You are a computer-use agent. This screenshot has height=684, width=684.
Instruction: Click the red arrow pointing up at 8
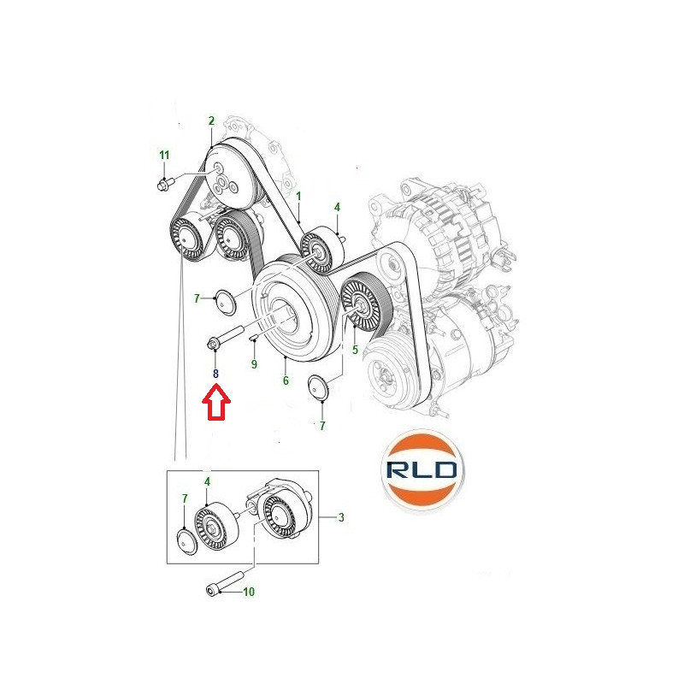216,401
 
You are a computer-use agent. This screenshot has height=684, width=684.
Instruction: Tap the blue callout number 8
215,374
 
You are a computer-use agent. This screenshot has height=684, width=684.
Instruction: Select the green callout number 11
164,155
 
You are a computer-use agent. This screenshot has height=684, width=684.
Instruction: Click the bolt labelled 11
165,184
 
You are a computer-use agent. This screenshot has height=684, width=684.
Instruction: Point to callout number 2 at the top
211,121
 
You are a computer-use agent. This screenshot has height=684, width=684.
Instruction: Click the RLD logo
422,469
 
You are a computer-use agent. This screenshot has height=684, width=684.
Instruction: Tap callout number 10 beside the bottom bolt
249,592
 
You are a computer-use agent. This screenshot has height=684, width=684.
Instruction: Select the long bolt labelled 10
224,583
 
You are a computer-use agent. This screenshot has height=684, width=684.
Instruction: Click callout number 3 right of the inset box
341,517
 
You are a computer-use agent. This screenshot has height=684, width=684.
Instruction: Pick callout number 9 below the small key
254,364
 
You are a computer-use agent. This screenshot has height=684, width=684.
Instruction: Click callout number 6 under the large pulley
286,380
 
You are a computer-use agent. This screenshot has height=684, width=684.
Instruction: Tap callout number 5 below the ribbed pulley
355,350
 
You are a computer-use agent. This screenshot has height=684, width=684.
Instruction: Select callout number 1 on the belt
298,197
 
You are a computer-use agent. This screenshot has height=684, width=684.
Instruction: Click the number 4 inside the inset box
207,481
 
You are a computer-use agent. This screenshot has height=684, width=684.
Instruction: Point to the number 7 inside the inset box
185,498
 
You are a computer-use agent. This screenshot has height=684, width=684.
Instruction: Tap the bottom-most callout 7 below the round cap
322,426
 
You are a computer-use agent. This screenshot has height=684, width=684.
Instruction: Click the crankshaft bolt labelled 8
224,338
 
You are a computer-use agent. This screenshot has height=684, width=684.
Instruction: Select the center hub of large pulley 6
283,314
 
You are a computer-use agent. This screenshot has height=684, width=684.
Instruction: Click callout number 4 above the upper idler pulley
337,207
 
